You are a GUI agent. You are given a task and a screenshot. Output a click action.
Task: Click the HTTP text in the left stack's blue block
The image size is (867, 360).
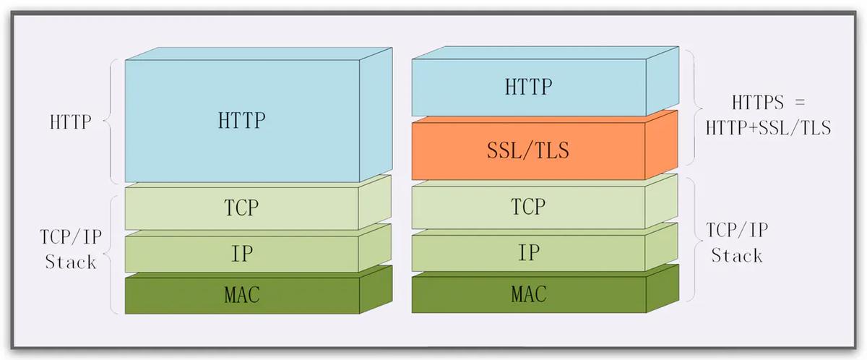click(x=241, y=119)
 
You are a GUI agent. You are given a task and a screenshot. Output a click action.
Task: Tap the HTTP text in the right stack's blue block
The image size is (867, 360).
click(x=528, y=87)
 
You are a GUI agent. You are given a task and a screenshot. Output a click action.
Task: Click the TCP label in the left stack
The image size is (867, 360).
click(x=241, y=207)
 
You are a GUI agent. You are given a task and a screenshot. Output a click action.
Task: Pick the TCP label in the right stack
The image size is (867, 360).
click(x=528, y=207)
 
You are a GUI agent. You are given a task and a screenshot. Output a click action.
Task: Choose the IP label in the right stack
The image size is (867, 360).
click(x=528, y=253)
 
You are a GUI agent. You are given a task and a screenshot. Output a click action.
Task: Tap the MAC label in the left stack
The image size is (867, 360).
click(x=241, y=295)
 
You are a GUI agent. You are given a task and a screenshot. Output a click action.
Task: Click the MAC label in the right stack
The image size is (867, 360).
click(x=528, y=294)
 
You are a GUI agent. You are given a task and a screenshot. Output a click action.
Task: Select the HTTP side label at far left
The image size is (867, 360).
click(x=71, y=121)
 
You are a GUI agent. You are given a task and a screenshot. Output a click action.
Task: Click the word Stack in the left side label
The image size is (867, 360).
click(x=71, y=262)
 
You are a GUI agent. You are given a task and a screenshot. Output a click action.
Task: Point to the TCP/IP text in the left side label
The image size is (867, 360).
click(x=71, y=238)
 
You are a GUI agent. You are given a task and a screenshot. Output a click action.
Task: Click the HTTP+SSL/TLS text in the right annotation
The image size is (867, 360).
click(x=769, y=128)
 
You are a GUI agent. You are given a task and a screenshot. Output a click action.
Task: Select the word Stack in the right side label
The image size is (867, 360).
click(x=737, y=256)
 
